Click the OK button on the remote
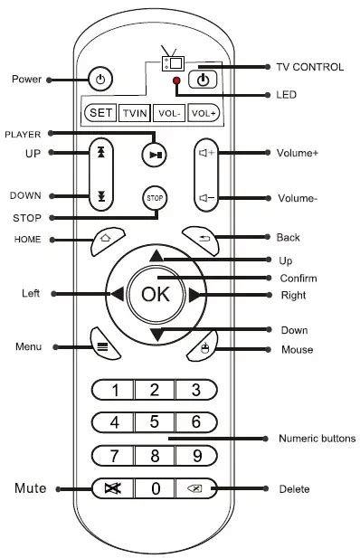[x=156, y=293]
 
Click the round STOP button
[x=154, y=199]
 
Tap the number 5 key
[x=155, y=421]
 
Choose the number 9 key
[x=196, y=455]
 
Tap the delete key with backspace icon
[x=196, y=488]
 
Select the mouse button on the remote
[x=204, y=348]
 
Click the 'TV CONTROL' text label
[x=309, y=67]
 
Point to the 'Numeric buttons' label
[x=316, y=439]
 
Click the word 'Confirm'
[x=298, y=278]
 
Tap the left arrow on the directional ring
[x=118, y=294]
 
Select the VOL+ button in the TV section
[x=204, y=113]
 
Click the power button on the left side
[x=100, y=80]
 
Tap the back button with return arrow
[x=203, y=239]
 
